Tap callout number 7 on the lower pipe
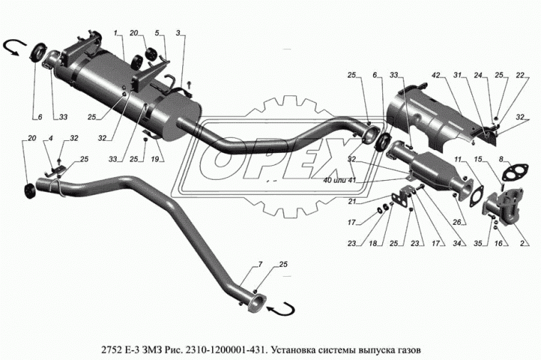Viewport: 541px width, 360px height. click(261, 265)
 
